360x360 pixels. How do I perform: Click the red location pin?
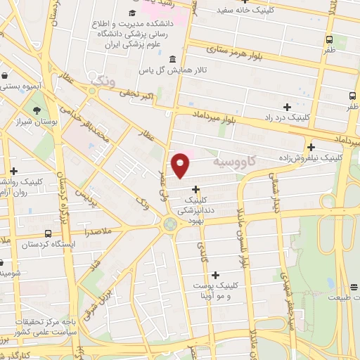point(181,165)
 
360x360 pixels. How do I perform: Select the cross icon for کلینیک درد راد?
point(286,106)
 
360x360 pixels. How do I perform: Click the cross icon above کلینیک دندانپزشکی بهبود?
point(195,188)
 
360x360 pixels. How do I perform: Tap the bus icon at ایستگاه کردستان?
point(48,233)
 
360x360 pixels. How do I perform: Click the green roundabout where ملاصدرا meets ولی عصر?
point(170,224)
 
